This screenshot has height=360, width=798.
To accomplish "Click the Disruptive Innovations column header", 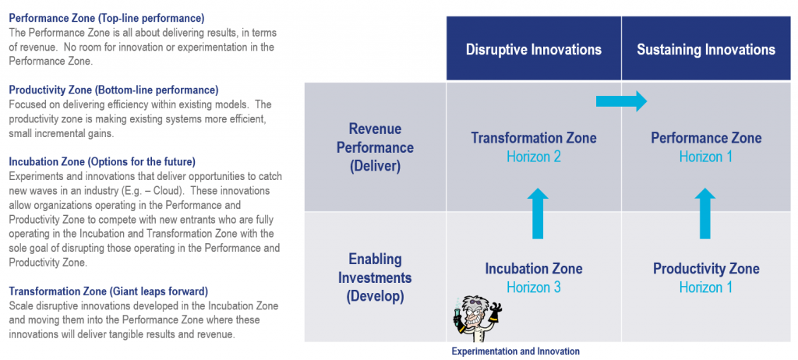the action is coord(533,49).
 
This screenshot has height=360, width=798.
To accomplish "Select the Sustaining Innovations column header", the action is coord(706,49).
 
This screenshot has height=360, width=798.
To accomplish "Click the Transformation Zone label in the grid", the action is coord(533,137).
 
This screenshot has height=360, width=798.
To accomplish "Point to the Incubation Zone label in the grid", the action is coord(533,268).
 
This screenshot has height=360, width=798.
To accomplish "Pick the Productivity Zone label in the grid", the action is coord(706,268).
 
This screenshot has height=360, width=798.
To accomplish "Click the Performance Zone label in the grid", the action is coord(706,137).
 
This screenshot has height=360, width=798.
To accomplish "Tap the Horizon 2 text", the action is coord(533,157).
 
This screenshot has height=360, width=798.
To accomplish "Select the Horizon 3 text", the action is coord(533,288).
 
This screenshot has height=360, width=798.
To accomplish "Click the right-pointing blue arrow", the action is coord(621,101).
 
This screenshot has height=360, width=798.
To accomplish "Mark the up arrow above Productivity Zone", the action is coord(704,214).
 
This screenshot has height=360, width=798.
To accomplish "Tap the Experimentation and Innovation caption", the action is coord(516,351).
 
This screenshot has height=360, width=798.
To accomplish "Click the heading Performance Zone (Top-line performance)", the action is coord(107,19).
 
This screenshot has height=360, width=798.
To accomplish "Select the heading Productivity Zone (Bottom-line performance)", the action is coord(114,90).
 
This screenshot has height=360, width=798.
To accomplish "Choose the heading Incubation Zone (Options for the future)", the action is coord(102,162).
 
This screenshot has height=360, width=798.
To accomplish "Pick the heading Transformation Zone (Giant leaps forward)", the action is coord(108,291).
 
